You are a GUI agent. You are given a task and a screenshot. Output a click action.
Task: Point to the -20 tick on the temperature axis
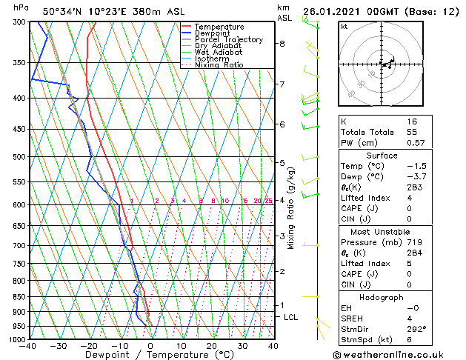coord(90,345)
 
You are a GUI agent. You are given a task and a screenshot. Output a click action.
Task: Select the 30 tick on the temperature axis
coord(242,345)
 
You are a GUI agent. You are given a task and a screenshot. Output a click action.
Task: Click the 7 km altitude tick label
coord(282,84)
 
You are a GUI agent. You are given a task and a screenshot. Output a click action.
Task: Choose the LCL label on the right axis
coord(291,317)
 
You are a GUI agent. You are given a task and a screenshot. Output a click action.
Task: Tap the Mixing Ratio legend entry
coord(219,65)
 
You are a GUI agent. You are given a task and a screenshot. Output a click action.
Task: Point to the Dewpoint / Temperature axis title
coord(150,355)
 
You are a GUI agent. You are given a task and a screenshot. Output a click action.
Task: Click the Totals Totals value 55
coord(412,132)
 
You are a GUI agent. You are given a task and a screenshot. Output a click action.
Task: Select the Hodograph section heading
coord(382,297)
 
